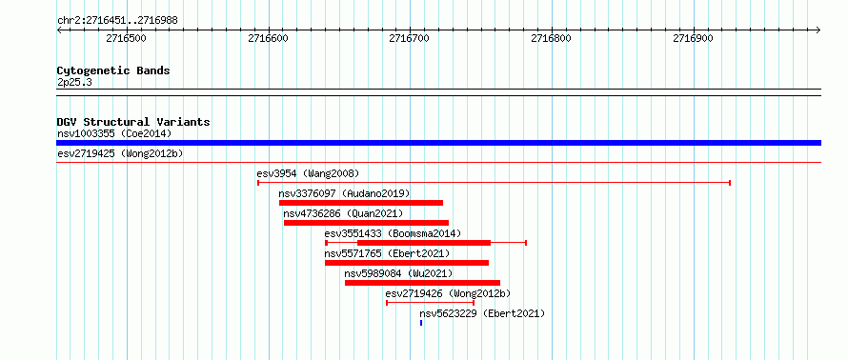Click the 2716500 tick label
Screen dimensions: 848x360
click(126, 38)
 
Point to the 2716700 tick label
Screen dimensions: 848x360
click(410, 38)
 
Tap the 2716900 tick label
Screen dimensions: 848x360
click(693, 38)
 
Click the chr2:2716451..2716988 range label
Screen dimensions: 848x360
click(117, 21)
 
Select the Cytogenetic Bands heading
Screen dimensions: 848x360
click(113, 70)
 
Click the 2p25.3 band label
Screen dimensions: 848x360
click(74, 83)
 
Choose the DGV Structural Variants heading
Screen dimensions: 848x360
click(133, 122)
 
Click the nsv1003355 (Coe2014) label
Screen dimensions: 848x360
click(114, 133)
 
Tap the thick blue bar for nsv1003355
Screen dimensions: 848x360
click(438, 143)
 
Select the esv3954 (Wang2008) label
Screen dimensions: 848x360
click(308, 173)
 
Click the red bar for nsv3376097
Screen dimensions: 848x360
click(361, 203)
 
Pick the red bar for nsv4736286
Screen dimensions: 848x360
click(366, 223)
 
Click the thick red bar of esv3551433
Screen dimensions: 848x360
click(424, 243)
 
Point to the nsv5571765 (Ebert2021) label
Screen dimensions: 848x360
click(387, 253)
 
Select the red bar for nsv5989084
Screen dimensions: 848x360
click(422, 283)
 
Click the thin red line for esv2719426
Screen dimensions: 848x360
click(430, 303)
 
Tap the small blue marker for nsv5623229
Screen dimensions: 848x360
click(421, 323)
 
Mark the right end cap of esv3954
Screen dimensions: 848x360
click(730, 183)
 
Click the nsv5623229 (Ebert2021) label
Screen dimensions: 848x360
click(482, 313)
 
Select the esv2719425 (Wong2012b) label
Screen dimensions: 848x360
click(120, 154)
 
